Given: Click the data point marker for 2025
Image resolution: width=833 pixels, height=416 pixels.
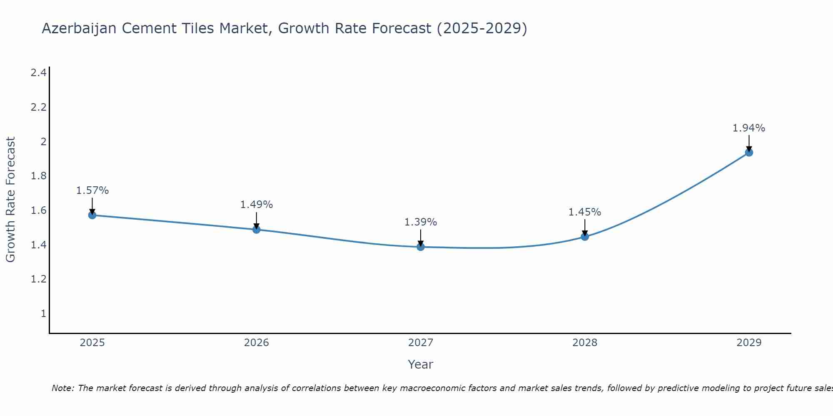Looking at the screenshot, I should click(92, 215).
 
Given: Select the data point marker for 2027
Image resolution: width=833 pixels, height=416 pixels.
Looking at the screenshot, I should click(421, 247).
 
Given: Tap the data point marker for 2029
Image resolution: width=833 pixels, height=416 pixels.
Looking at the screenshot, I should click(749, 152).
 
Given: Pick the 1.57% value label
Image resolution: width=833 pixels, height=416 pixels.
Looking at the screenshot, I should click(92, 191).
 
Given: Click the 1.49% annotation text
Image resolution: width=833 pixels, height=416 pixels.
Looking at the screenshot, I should click(256, 205).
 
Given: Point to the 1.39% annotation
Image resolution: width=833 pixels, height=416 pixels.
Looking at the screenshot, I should click(421, 222).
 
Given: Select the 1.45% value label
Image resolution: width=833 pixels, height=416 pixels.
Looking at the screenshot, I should click(585, 212).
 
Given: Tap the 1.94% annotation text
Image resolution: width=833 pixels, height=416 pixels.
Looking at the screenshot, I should click(749, 128).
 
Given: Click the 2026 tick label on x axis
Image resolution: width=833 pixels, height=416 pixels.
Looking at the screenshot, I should click(256, 343).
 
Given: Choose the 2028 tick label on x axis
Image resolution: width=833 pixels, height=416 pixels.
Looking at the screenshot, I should click(585, 343).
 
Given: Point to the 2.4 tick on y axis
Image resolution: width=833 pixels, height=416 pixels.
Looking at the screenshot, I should click(38, 73).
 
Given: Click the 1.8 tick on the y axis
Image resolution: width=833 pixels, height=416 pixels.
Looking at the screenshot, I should click(38, 176).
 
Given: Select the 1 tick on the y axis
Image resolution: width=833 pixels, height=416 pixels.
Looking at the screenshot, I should click(43, 313).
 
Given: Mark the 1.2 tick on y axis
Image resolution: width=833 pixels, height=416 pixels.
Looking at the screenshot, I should click(38, 279).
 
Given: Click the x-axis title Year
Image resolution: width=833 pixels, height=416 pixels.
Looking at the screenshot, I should click(421, 364).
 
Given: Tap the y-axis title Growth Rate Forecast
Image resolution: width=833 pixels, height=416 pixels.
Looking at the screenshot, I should click(10, 200).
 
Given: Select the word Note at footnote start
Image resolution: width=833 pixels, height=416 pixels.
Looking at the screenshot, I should click(62, 388).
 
